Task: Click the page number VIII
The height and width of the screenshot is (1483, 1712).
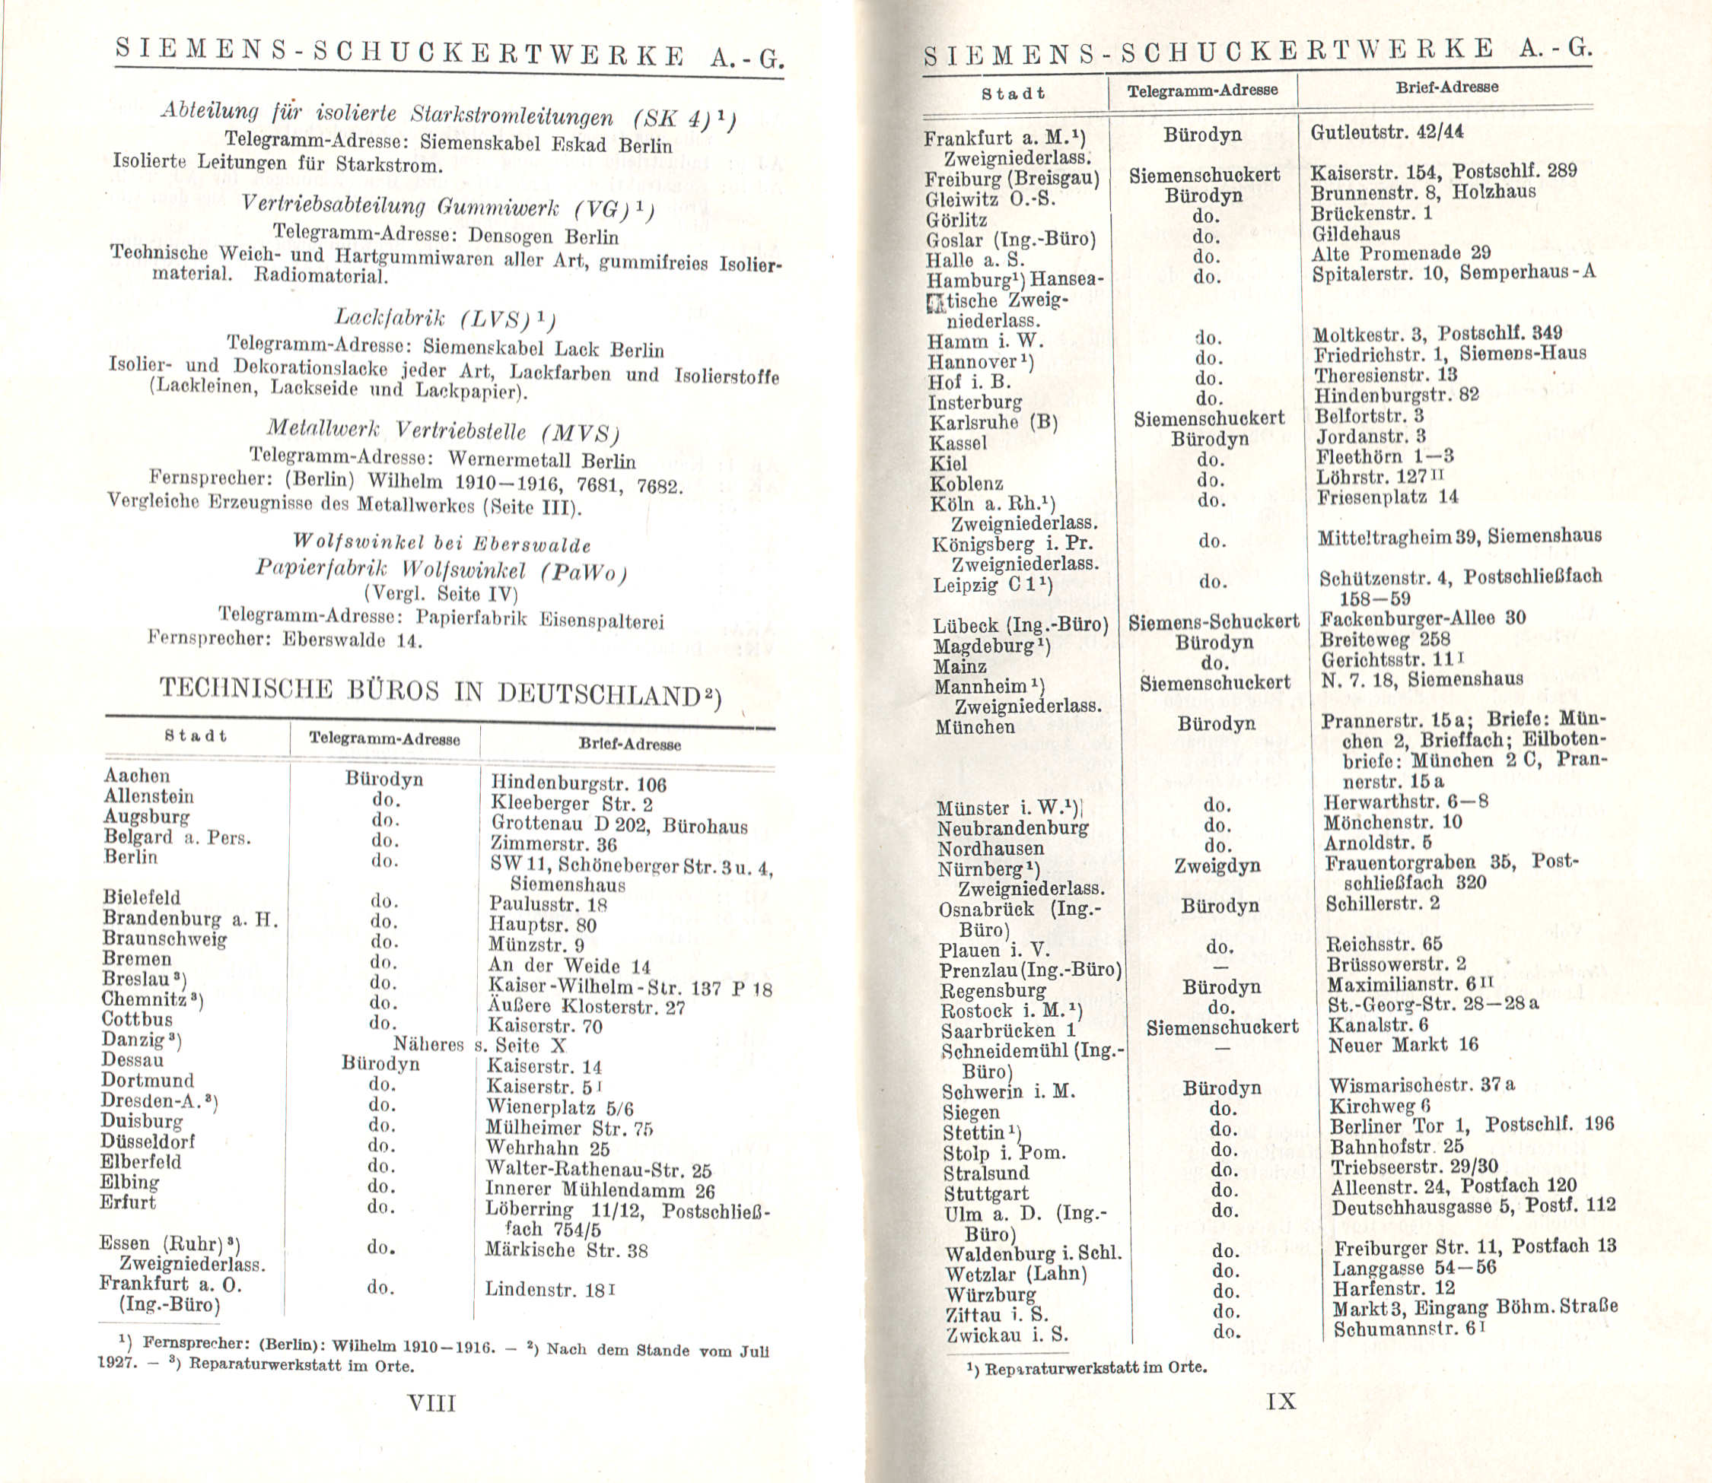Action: [x=431, y=1402]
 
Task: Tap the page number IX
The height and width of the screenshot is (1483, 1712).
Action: [x=1281, y=1401]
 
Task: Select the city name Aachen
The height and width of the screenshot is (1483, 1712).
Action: [x=137, y=776]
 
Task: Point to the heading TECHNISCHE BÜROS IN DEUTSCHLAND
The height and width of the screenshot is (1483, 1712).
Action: [x=440, y=692]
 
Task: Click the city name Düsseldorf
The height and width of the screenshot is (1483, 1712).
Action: [x=148, y=1142]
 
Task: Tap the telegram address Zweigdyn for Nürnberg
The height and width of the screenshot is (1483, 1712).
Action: [x=1217, y=865]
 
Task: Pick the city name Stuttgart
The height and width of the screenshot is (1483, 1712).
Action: [x=986, y=1193]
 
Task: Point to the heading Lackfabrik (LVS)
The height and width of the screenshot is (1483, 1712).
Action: [x=444, y=319]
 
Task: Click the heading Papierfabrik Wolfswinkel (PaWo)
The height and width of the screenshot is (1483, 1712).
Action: [x=441, y=570]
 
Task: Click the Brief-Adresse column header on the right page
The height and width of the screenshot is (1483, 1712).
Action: [x=1446, y=87]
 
